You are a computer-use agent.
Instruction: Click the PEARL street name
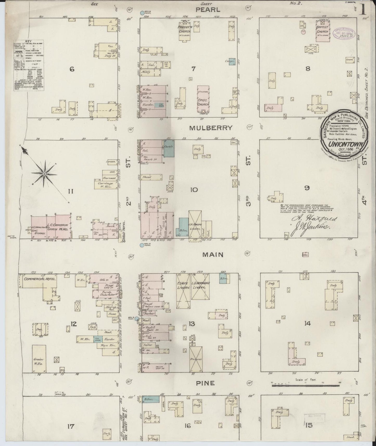coord(208,10)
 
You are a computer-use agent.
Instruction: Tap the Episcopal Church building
coord(203,99)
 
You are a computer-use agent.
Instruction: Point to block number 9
coord(307,188)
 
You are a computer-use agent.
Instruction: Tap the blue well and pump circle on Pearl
coord(142,12)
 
